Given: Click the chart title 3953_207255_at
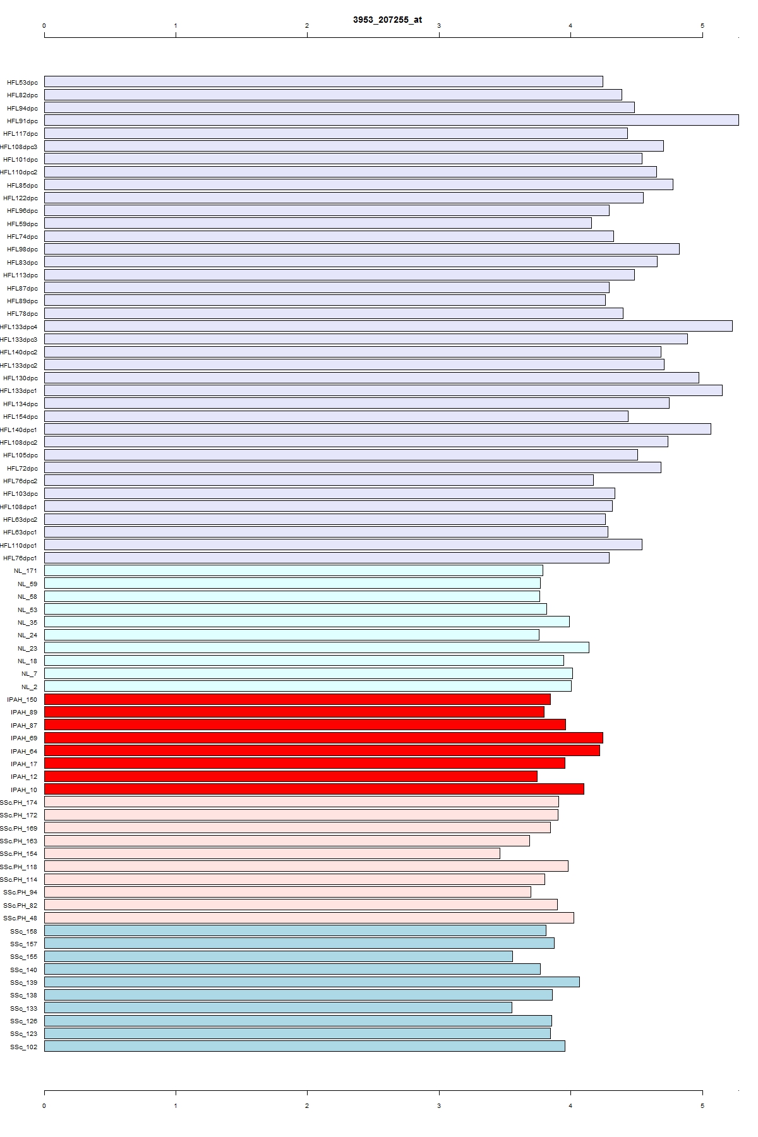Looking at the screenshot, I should pos(387,20).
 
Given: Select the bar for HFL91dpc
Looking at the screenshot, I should pos(391,120).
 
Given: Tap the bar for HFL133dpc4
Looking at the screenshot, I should pos(388,326).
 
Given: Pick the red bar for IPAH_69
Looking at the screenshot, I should pos(323,738).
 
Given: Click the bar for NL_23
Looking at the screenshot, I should pos(316,647).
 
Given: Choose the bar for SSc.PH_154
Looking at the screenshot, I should pos(272,853).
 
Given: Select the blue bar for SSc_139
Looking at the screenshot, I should pos(311,982).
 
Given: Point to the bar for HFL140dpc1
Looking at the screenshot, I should pos(377,429).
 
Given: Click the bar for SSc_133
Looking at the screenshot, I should pos(278,1008).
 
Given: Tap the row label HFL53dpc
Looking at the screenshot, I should pos(22,82).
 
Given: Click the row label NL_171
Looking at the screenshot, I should pos(25,571).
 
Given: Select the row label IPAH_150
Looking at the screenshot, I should pos(22,700).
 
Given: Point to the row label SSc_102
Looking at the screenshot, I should pos(23,1047).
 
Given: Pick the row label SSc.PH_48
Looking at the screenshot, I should pos(20,918).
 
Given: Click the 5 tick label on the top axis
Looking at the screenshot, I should pos(702,26).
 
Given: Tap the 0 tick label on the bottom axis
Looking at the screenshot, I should pos(44,1106).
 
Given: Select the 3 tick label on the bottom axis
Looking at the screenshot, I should pos(439,1106).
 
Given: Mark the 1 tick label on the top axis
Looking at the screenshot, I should pos(176,26).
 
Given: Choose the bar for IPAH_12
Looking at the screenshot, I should pos(291,776).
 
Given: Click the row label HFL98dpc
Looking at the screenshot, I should pos(22,250).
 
